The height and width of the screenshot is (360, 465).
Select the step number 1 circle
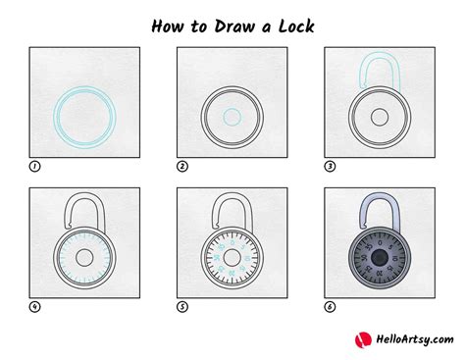[34, 167]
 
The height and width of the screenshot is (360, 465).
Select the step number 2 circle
[182, 167]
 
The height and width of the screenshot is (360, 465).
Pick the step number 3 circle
[330, 167]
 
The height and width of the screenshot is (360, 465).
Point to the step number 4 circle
[34, 306]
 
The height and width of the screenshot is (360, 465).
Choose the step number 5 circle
[182, 306]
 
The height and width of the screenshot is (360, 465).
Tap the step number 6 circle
[330, 306]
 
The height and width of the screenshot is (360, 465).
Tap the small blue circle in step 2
[232, 118]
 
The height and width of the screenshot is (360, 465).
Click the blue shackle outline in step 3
[379, 76]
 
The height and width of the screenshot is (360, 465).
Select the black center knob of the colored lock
[379, 257]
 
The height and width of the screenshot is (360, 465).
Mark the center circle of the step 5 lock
[232, 257]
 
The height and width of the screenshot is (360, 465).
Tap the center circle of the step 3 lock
[379, 118]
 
